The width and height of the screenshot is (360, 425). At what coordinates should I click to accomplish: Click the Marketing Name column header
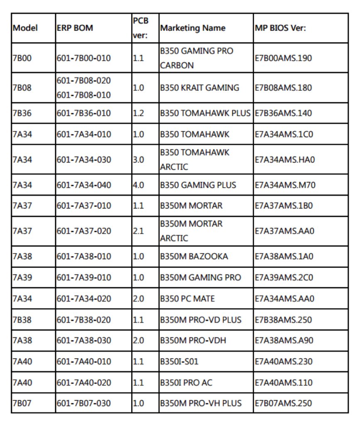click(x=193, y=28)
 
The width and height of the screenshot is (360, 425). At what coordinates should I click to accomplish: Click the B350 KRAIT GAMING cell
click(x=200, y=88)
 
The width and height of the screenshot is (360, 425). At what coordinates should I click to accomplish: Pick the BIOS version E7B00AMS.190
click(x=283, y=58)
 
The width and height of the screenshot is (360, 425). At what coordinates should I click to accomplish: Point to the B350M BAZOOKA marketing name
click(x=194, y=256)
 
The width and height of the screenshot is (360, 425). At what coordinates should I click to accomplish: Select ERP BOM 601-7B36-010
click(x=84, y=113)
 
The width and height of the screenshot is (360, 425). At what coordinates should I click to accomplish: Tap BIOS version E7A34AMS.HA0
click(x=285, y=160)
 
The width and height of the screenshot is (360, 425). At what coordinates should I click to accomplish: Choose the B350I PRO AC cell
click(x=186, y=383)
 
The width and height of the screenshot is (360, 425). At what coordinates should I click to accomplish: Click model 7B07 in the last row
click(x=22, y=403)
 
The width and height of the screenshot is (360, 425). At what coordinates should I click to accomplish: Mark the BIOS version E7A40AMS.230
click(x=283, y=361)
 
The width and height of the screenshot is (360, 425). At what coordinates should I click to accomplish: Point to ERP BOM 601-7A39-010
click(x=84, y=278)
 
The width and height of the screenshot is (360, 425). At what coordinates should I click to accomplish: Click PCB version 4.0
click(x=139, y=185)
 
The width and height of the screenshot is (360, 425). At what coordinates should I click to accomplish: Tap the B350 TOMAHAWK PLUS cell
click(x=206, y=113)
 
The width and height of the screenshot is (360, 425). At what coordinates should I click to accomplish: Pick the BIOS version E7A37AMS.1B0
click(x=284, y=206)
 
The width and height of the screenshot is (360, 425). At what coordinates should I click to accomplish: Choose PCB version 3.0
click(x=139, y=160)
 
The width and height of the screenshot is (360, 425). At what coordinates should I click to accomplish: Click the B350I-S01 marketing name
click(x=179, y=361)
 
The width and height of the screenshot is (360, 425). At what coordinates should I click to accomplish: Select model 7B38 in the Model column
click(x=22, y=320)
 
